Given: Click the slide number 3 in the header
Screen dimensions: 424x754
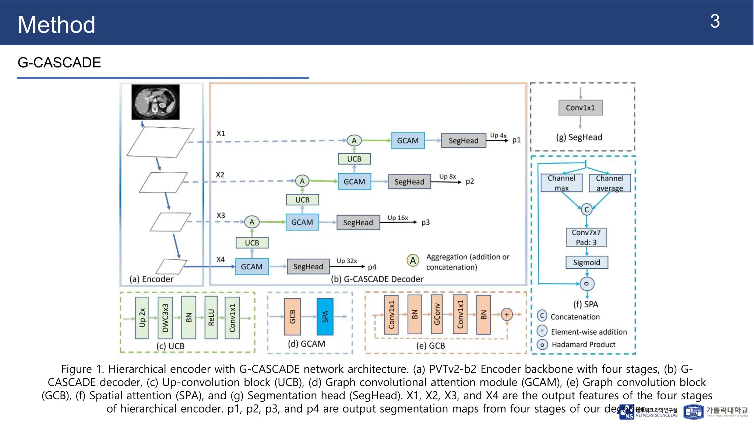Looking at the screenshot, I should click(x=715, y=21).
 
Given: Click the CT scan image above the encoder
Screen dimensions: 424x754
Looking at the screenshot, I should click(x=155, y=102).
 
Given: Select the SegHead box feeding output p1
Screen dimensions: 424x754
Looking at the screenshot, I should click(x=463, y=141).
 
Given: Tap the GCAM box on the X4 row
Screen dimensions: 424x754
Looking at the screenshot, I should click(x=252, y=266).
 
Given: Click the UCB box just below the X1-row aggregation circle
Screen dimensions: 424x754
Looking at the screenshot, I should click(x=354, y=159).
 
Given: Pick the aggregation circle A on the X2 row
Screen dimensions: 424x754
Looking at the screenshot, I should click(x=302, y=181).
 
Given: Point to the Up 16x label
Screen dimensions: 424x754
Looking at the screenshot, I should click(x=398, y=218).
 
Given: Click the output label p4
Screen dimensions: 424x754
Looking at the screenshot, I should click(x=372, y=267).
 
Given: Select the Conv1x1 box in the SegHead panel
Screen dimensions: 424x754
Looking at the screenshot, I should click(x=580, y=108).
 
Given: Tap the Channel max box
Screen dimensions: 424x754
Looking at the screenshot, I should click(x=561, y=183).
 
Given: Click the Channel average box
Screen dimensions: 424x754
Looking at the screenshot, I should click(x=610, y=183).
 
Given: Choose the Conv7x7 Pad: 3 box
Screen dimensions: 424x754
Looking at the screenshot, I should click(x=586, y=237).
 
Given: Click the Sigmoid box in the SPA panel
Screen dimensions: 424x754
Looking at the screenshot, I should click(x=586, y=262).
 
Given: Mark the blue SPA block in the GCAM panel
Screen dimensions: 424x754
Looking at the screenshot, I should click(x=325, y=317).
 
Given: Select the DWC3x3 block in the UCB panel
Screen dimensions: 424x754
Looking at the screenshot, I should click(x=165, y=318).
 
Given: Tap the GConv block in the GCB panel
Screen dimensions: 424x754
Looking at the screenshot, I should click(x=437, y=314).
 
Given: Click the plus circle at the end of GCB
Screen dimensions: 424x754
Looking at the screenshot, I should click(x=507, y=314).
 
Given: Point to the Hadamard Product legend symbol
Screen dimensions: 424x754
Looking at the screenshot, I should click(x=542, y=345).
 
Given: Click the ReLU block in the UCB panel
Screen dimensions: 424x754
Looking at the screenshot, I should click(x=211, y=318).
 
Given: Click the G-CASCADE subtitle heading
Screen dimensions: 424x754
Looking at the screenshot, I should click(x=59, y=63).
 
